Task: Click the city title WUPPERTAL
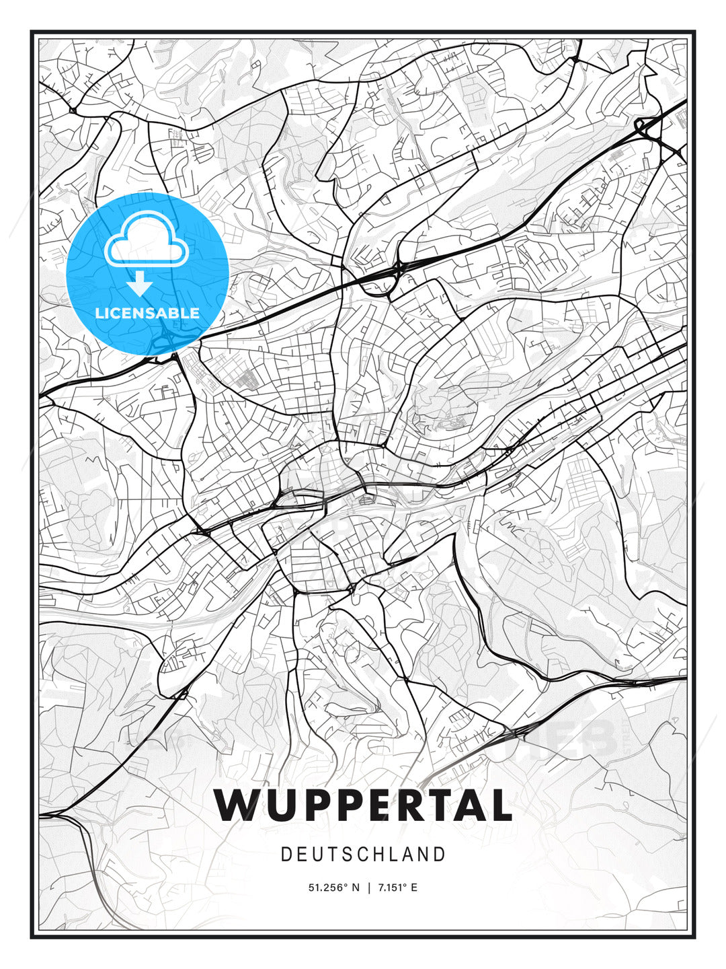[363, 805]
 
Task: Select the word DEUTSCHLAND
[363, 855]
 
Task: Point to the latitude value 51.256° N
[333, 888]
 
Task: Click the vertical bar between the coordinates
[368, 888]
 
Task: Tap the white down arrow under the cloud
[140, 284]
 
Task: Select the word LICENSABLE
[147, 313]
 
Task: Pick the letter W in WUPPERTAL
[238, 805]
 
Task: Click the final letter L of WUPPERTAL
[499, 805]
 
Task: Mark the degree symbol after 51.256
[346, 885]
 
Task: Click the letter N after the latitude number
[356, 888]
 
